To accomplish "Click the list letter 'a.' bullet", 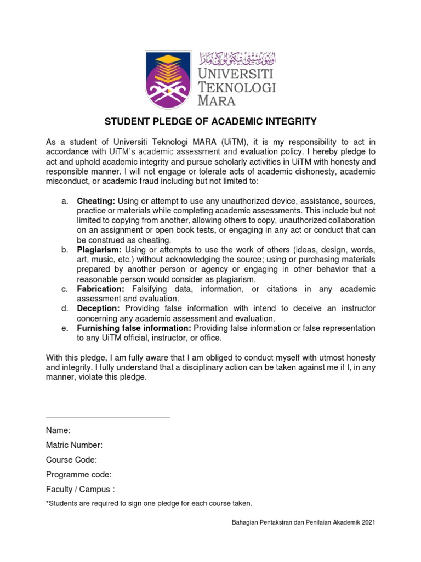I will tap(65, 201).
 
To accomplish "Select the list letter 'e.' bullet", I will tap(65, 328).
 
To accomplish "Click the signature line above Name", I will tap(108, 417).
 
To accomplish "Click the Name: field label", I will tap(58, 430).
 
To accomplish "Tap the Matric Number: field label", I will tap(74, 445).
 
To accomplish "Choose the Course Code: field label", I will tap(71, 460).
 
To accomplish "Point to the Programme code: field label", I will tap(79, 475).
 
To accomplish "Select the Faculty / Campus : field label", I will tap(81, 490).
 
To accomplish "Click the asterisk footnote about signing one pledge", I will tap(149, 503).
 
